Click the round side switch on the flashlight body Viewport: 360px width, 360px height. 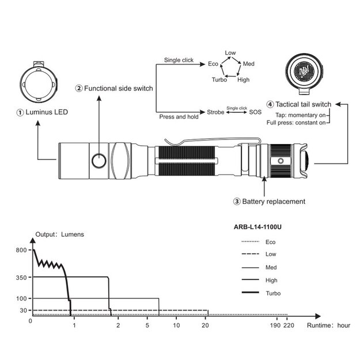[x=99, y=160]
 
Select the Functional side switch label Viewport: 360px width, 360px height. [x=115, y=88]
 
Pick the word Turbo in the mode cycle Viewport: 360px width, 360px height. [x=219, y=79]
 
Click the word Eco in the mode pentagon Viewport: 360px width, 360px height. [x=213, y=64]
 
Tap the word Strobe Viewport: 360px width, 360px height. [x=215, y=112]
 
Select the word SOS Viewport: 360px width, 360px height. [x=255, y=112]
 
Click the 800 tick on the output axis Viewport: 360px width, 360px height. [x=22, y=250]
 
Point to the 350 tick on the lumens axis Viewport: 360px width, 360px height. [x=22, y=278]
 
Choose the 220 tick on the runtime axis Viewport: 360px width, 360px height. [x=289, y=326]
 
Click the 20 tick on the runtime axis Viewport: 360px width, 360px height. [x=205, y=326]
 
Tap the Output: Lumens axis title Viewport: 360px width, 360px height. [x=60, y=234]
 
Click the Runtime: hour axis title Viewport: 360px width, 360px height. [x=328, y=326]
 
